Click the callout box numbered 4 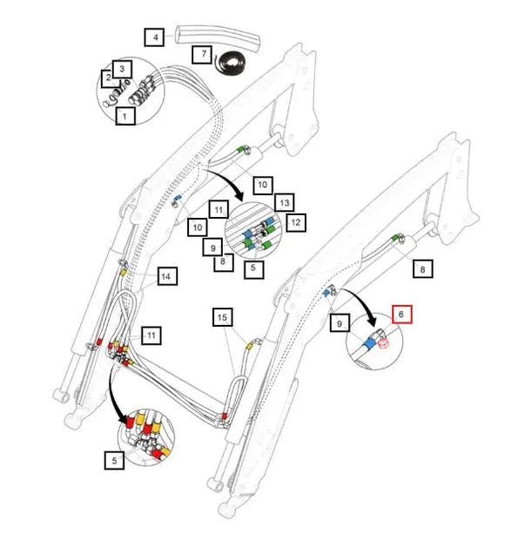tap(154, 37)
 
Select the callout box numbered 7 tap(203, 54)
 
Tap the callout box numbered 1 tap(125, 116)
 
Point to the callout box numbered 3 tap(122, 70)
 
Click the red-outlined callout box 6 tap(401, 315)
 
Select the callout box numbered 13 tap(285, 203)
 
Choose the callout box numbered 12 tap(296, 222)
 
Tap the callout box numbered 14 tap(167, 276)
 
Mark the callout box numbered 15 tap(223, 317)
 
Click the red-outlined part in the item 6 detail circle tap(384, 344)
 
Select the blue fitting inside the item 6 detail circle tap(369, 342)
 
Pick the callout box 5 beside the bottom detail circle tap(114, 460)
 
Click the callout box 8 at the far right tap(423, 269)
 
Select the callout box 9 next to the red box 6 tap(340, 322)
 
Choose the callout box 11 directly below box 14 tap(151, 335)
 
